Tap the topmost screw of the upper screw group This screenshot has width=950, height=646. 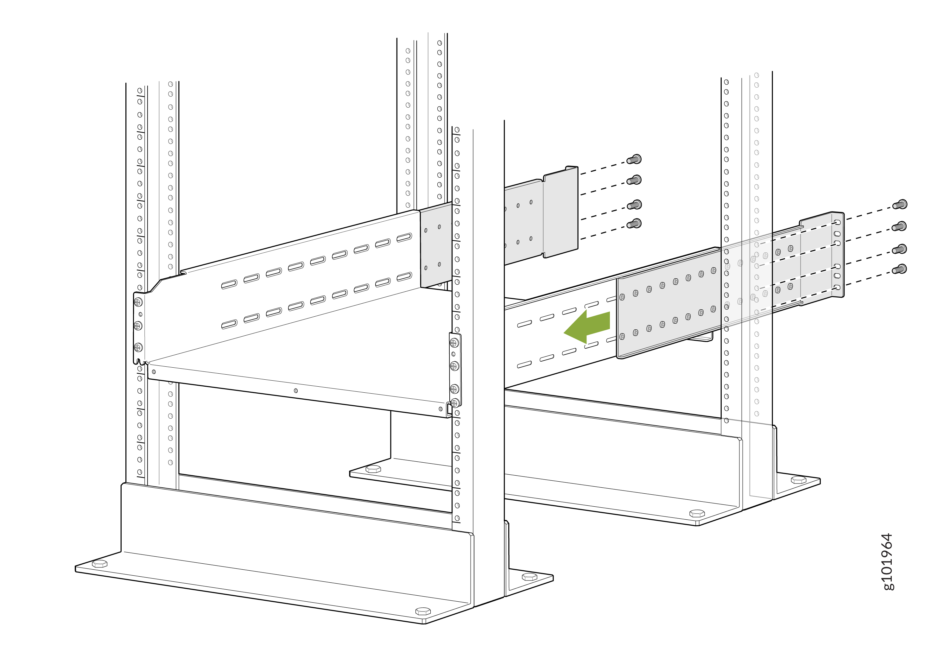pos(634,159)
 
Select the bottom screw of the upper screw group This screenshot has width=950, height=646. pos(634,224)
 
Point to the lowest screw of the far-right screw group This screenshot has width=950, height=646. pos(900,269)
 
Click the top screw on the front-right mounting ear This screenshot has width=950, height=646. pos(454,343)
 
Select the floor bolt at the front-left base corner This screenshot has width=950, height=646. pos(100,564)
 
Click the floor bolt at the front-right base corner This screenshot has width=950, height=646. pos(423,611)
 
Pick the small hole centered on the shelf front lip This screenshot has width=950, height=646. pos(295,391)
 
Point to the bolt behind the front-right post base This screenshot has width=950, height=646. pos(530,577)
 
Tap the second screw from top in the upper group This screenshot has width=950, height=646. pos(634,180)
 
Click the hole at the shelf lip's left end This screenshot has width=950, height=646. pos(154,372)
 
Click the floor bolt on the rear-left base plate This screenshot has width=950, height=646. pos(373,469)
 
